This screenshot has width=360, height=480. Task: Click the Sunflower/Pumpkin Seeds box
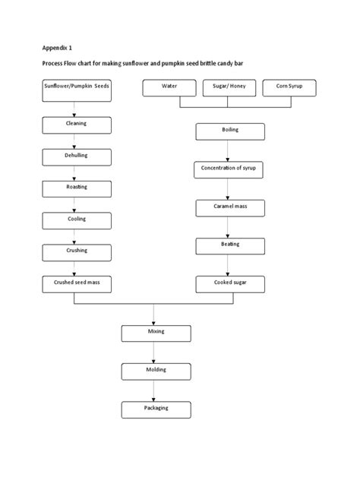76,88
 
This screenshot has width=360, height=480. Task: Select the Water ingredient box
169,88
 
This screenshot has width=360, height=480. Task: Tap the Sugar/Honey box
229,88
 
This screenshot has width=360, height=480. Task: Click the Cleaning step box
76,124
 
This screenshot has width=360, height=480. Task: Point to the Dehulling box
76,156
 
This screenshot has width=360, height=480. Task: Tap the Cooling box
76,220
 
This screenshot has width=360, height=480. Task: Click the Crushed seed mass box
76,284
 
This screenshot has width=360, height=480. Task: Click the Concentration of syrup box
229,169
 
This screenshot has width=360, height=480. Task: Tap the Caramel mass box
229,207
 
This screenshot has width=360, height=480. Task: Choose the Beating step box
229,246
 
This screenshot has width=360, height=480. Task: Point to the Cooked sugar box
229,284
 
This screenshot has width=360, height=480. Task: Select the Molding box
155,371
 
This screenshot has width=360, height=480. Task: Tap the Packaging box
155,409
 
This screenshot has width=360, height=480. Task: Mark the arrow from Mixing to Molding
155,352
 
